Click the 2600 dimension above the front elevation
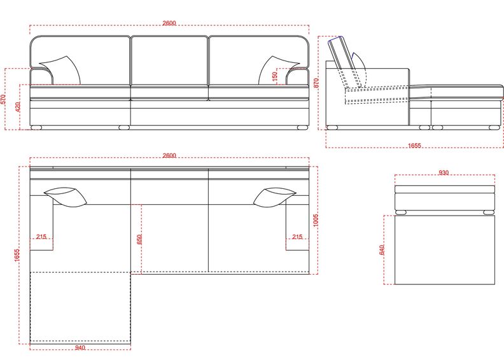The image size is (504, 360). [169, 23]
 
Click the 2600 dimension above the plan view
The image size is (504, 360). [169, 155]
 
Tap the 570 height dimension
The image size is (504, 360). [3, 99]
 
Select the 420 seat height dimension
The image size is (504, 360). [18, 107]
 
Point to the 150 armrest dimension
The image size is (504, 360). [274, 76]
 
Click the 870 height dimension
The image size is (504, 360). [316, 83]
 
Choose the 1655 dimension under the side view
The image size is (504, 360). [414, 146]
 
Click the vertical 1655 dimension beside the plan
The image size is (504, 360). [17, 255]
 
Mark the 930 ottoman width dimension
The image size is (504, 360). [444, 173]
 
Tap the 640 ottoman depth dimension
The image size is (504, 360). [382, 249]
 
